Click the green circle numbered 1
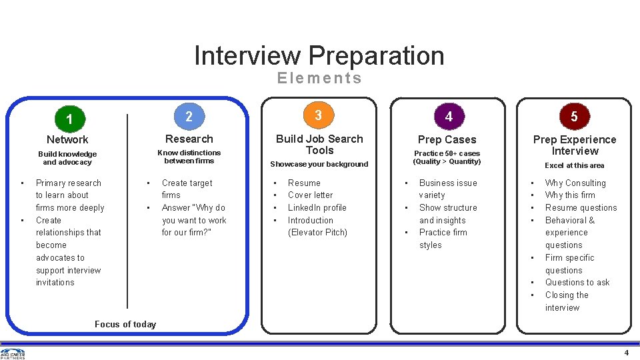pyautogui.click(x=69, y=119)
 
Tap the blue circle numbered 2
pyautogui.click(x=189, y=117)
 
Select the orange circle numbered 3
pyautogui.click(x=318, y=115)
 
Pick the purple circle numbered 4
pyautogui.click(x=449, y=117)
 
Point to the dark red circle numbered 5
pyautogui.click(x=574, y=117)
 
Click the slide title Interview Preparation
pyautogui.click(x=319, y=55)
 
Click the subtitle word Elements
pyautogui.click(x=319, y=78)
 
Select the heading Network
pyautogui.click(x=67, y=139)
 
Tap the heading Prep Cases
pyautogui.click(x=447, y=139)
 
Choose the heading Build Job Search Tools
pyautogui.click(x=319, y=144)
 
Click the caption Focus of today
pyautogui.click(x=125, y=324)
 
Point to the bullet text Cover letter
pyautogui.click(x=311, y=195)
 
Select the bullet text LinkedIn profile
pyautogui.click(x=317, y=207)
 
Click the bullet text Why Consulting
pyautogui.click(x=575, y=183)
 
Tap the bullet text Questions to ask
pyautogui.click(x=577, y=282)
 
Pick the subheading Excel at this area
pyautogui.click(x=574, y=165)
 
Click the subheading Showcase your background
pyautogui.click(x=319, y=164)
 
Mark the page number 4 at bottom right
pyautogui.click(x=626, y=353)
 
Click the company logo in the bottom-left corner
pyautogui.click(x=13, y=353)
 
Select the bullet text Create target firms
pyautogui.click(x=187, y=189)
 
